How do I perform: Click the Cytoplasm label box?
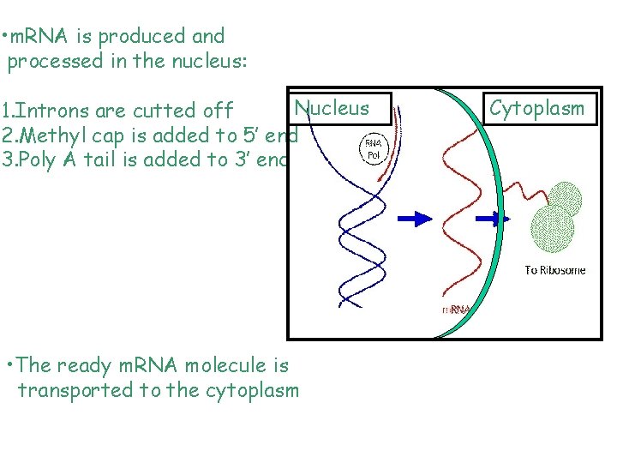coord(537,109)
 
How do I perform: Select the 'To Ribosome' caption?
coord(555,270)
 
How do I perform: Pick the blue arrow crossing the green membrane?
coord(494,220)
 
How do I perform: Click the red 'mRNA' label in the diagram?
coord(454,310)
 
